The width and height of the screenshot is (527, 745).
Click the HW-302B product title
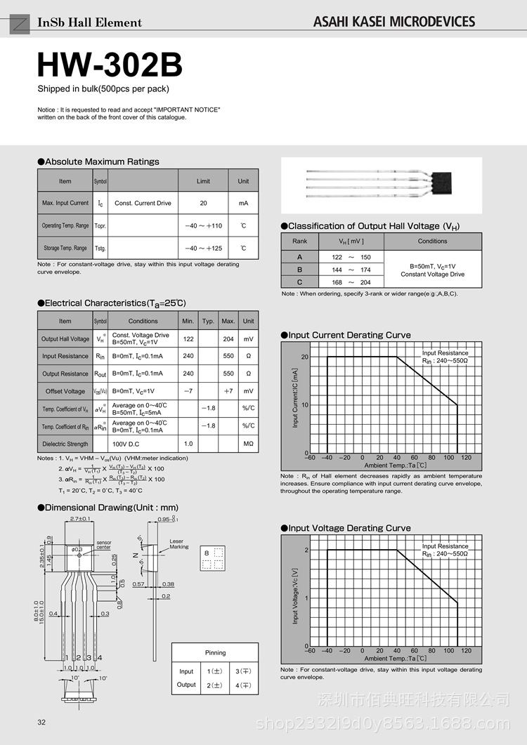[x=110, y=65]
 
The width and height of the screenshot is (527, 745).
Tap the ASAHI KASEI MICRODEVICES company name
[x=394, y=22]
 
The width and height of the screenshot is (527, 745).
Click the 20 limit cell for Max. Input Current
[x=203, y=203]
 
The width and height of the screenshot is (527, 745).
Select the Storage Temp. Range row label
[x=65, y=248]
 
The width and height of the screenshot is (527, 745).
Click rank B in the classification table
[x=299, y=270]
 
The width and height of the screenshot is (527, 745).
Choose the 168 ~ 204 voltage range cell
[x=351, y=282]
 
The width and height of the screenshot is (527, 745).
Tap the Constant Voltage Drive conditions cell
[x=433, y=270]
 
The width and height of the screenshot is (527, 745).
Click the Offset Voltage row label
[x=65, y=391]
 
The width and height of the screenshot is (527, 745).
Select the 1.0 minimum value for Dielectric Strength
[x=188, y=444]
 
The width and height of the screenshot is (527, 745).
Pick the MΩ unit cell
[x=248, y=444]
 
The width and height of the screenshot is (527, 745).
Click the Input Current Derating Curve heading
[x=349, y=335]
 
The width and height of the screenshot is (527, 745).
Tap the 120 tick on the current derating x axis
[x=467, y=458]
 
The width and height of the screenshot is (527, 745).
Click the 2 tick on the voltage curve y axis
[x=306, y=550]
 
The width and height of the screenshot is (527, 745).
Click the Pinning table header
[x=215, y=652]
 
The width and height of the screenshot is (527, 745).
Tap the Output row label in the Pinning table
[x=186, y=685]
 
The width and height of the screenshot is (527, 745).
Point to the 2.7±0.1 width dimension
[x=80, y=519]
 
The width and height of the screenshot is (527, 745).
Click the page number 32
[x=41, y=723]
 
